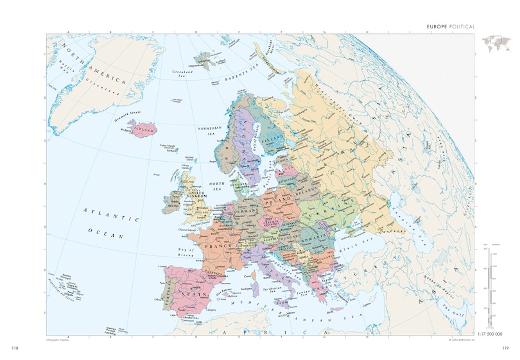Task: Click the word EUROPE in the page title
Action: tap(428, 27)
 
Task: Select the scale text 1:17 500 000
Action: tap(494, 334)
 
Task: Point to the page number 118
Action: tap(15, 348)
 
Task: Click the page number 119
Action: tap(505, 348)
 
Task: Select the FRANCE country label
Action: tap(212, 245)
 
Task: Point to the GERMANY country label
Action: tap(246, 210)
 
